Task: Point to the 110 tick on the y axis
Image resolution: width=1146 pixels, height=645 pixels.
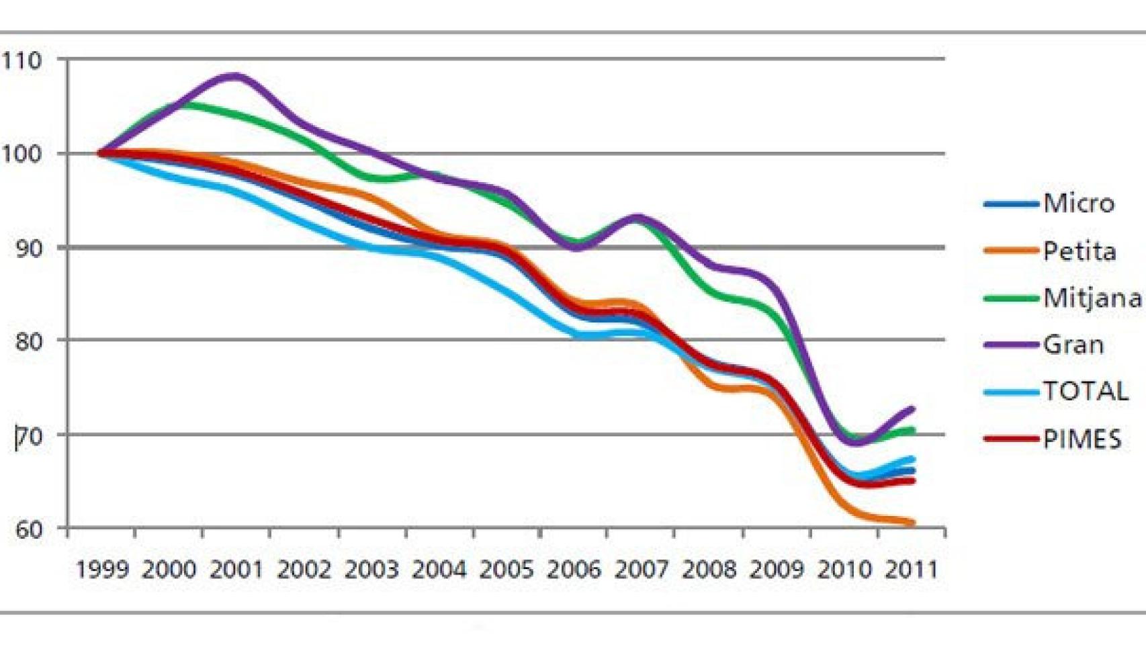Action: pos(21,61)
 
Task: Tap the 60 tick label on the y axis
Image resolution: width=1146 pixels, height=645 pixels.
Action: pos(28,529)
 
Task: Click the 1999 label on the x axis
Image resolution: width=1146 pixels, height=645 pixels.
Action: pos(102,570)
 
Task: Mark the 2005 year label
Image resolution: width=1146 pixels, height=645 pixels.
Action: pos(506,570)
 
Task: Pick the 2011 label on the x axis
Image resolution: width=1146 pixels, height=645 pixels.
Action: pos(911,570)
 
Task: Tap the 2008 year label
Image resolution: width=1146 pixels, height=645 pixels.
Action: pos(709,570)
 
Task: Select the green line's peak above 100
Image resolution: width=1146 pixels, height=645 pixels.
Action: pos(179,104)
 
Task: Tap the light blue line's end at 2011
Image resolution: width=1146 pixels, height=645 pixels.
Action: pos(912,460)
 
